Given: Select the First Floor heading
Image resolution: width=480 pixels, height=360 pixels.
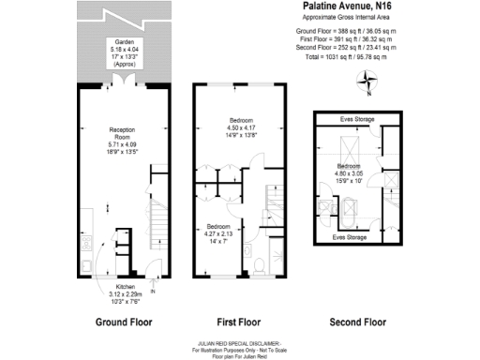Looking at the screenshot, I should click(231, 321).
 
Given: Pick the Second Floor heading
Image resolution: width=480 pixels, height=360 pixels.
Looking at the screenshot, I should click(358, 321).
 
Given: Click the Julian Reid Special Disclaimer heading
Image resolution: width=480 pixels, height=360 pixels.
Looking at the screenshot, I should click(241, 344).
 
